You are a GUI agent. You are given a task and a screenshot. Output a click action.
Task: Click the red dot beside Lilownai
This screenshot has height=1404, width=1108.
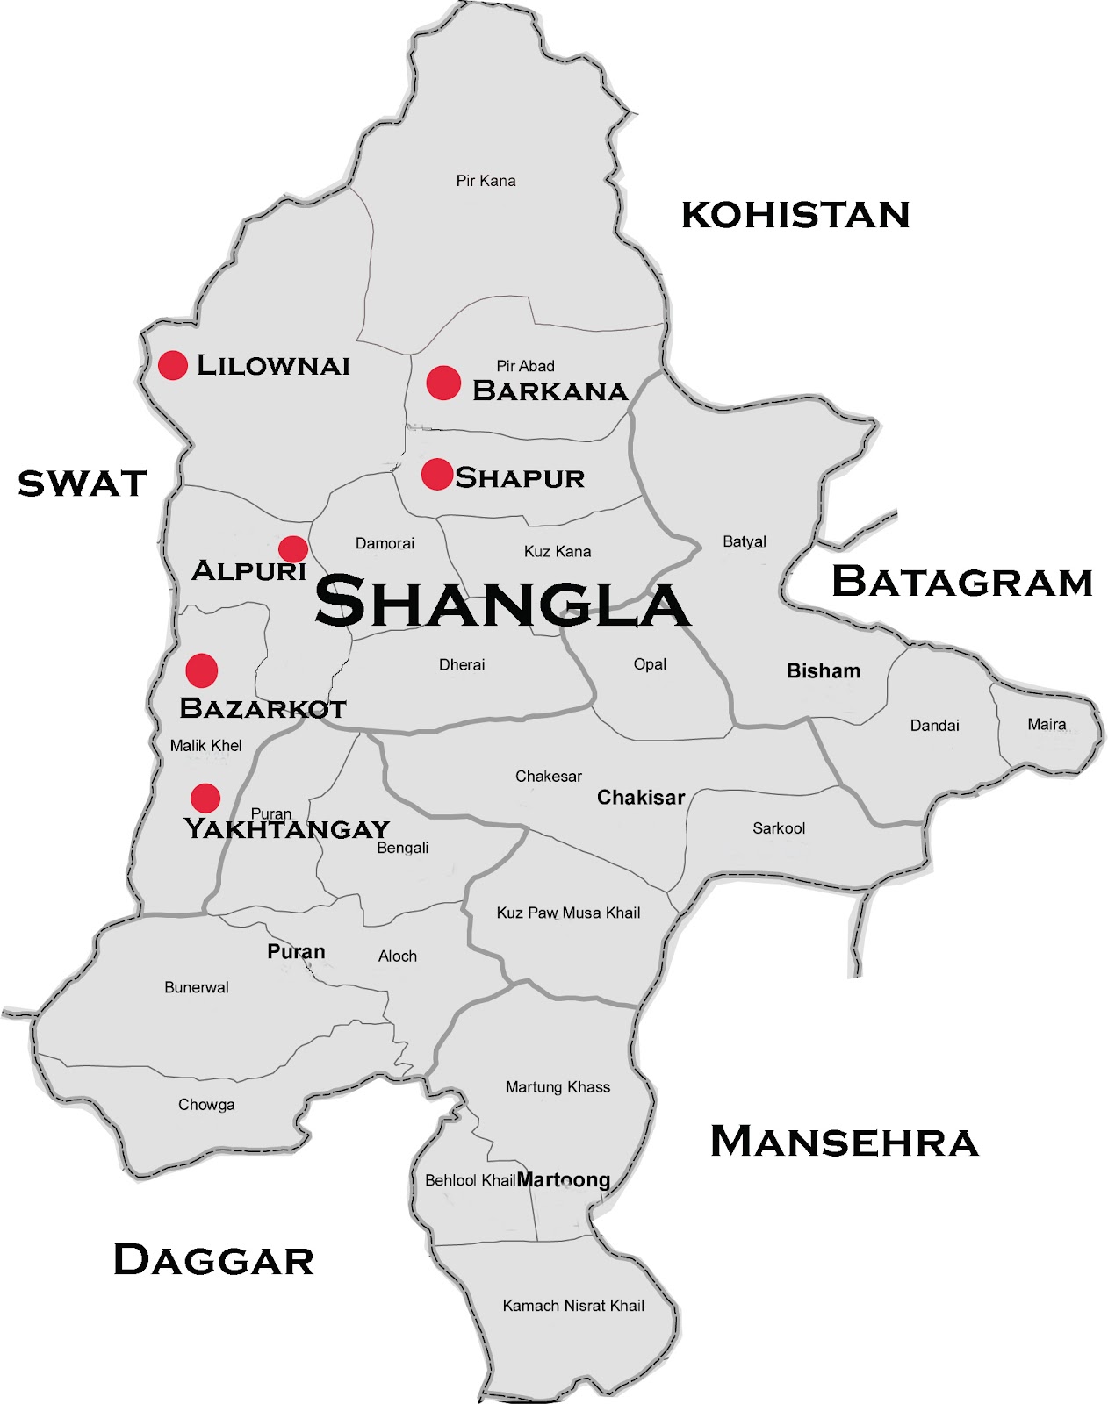[x=173, y=365]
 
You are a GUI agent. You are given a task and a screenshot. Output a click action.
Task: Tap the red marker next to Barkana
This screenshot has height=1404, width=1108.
[x=443, y=383]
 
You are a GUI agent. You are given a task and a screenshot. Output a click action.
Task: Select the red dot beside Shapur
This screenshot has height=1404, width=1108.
[x=436, y=474]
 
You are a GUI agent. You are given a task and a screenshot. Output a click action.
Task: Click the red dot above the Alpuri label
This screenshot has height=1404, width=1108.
[x=293, y=549]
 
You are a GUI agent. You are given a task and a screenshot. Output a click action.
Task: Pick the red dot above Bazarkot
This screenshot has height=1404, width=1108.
[x=202, y=670]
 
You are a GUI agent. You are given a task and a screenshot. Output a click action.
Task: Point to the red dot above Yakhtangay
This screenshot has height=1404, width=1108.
[x=205, y=799]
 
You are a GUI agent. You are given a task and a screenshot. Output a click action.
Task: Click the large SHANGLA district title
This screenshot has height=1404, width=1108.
[x=502, y=602]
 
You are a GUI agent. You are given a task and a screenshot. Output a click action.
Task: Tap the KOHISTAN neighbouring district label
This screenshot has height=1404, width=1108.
[x=795, y=215]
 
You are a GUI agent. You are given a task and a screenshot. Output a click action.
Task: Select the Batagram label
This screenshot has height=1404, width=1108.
[x=961, y=582]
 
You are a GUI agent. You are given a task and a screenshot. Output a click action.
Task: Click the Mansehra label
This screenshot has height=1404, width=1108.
[x=844, y=1142]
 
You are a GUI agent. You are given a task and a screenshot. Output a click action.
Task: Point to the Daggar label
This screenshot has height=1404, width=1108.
[x=213, y=1260]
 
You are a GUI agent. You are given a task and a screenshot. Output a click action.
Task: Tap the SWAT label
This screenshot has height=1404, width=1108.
[x=83, y=484]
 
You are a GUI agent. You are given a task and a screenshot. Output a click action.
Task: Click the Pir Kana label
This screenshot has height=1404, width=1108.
[x=486, y=181]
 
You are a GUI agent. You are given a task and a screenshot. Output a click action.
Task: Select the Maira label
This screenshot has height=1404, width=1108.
[x=1047, y=725]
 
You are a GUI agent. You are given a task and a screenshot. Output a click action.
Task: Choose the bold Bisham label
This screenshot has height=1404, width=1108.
[x=823, y=671]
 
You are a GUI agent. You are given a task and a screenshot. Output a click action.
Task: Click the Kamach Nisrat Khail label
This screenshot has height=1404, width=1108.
[x=572, y=1306]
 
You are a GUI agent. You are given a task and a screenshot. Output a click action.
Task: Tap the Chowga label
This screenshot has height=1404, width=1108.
[x=206, y=1105]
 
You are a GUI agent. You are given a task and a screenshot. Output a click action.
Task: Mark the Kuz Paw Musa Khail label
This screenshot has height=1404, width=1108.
[x=568, y=913]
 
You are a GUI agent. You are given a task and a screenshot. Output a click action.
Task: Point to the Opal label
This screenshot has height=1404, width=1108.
[x=650, y=664]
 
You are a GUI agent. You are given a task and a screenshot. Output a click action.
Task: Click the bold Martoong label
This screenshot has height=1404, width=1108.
[x=563, y=1180]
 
